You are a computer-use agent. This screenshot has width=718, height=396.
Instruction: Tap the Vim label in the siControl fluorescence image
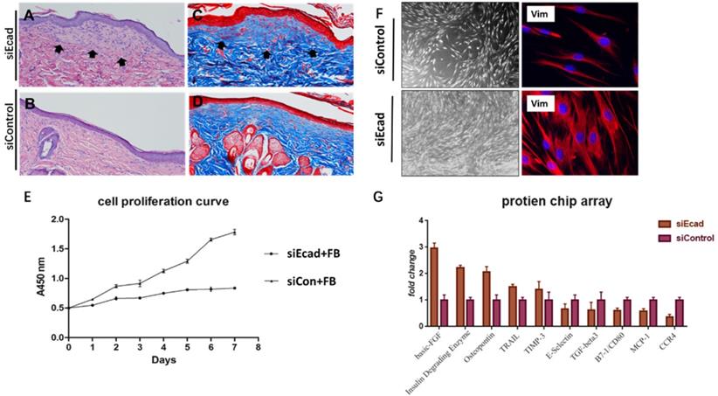[x=542, y=14]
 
